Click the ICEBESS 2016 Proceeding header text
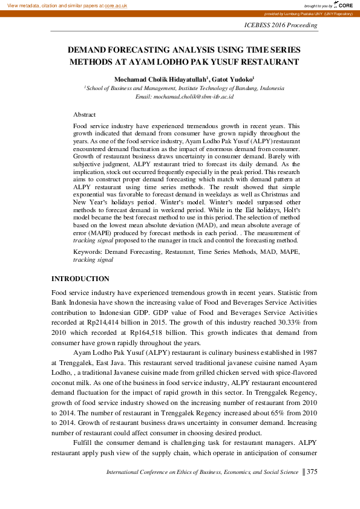[x=280, y=25]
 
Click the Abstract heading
[x=84, y=114]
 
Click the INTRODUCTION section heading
[x=80, y=279]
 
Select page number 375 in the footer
[x=312, y=472]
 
